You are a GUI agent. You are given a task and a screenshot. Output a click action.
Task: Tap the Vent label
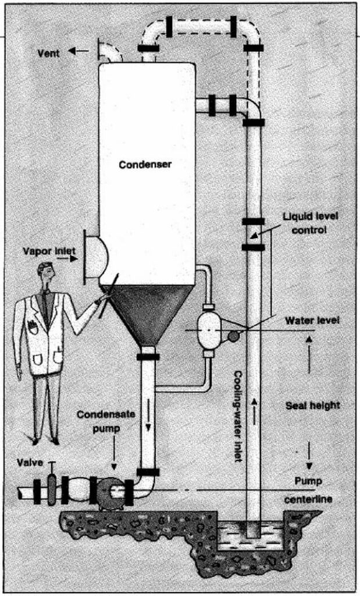(x=49, y=52)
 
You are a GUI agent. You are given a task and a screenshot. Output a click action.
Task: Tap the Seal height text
(x=312, y=405)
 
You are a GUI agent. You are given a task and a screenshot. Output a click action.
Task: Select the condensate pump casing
(x=108, y=492)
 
